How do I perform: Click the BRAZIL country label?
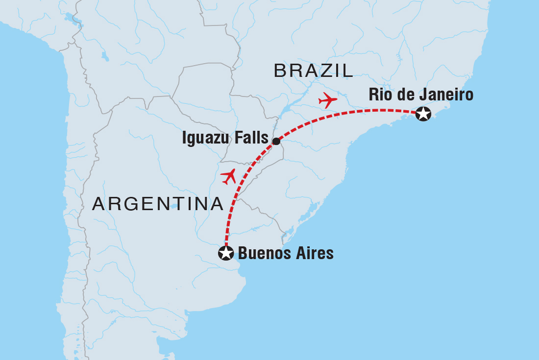tap(314, 71)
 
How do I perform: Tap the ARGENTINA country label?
tap(158, 204)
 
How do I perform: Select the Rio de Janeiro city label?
tap(421, 95)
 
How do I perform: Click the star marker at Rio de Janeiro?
tap(423, 114)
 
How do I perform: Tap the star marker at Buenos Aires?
tap(225, 253)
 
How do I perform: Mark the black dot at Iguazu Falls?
tap(276, 142)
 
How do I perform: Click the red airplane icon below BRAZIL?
tap(328, 100)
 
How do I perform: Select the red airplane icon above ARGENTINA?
tap(228, 176)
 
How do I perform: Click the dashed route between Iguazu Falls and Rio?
tap(343, 115)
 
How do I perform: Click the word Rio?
tap(379, 95)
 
